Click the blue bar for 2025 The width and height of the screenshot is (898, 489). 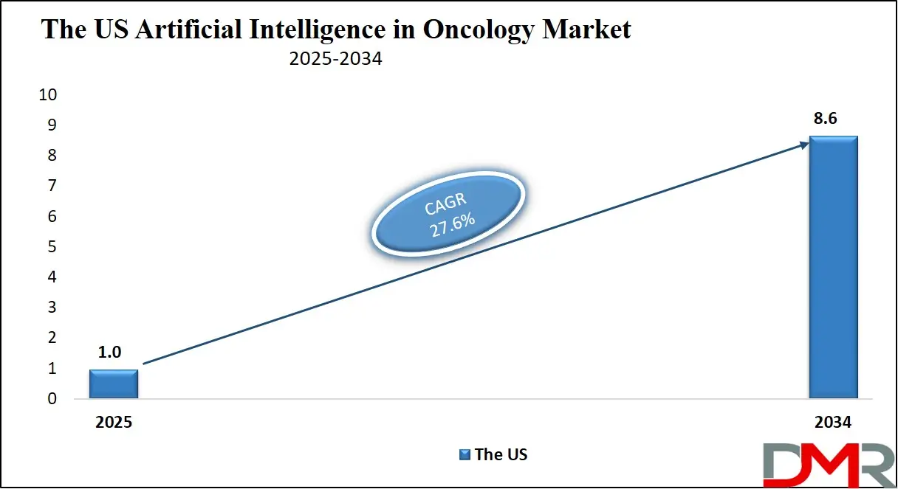point(114,384)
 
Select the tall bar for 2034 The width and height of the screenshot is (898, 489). point(833,267)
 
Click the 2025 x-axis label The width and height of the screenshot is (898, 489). point(114,423)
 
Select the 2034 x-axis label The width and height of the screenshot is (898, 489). point(833,423)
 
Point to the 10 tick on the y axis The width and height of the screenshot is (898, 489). point(47,95)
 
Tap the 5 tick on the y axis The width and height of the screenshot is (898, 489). point(52,247)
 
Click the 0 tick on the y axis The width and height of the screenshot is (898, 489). point(52,399)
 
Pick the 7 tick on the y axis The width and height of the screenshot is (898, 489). point(52,187)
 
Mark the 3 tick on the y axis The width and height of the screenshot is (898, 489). point(52,308)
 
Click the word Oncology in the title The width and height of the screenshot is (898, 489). point(473,30)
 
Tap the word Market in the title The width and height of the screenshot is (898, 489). point(590,30)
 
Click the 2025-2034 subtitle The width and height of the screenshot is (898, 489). point(336,59)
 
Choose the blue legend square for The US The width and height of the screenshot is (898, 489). point(465,454)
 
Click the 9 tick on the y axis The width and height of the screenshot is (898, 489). point(52,125)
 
